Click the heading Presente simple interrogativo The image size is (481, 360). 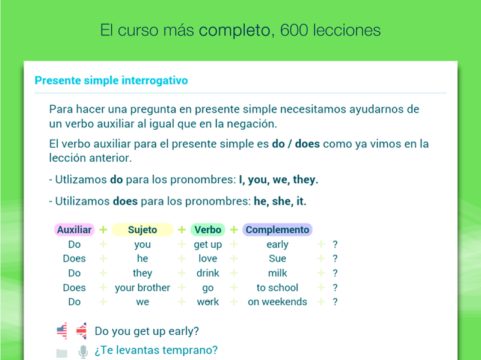click(x=111, y=81)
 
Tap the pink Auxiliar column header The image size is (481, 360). click(x=74, y=230)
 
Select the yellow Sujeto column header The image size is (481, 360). click(x=142, y=230)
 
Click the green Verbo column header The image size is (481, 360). click(x=207, y=230)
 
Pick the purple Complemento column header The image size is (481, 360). click(x=277, y=230)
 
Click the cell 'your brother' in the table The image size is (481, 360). click(x=142, y=288)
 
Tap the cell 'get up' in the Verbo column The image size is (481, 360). click(x=207, y=245)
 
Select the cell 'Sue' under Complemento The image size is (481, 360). click(x=277, y=258)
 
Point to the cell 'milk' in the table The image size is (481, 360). click(x=277, y=273)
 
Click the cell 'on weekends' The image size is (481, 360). click(x=277, y=302)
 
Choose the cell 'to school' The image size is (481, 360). click(x=277, y=288)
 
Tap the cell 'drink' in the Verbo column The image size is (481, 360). click(x=207, y=273)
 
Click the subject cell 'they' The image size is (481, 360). click(x=142, y=273)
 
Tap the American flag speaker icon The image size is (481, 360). click(x=62, y=331)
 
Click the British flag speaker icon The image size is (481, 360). click(x=81, y=331)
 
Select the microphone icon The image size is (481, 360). click(x=83, y=352)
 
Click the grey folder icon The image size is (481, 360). click(x=62, y=353)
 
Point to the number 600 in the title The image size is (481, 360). click(x=294, y=31)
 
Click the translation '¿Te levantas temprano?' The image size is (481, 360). click(x=156, y=350)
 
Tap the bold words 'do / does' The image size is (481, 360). click(x=296, y=144)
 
